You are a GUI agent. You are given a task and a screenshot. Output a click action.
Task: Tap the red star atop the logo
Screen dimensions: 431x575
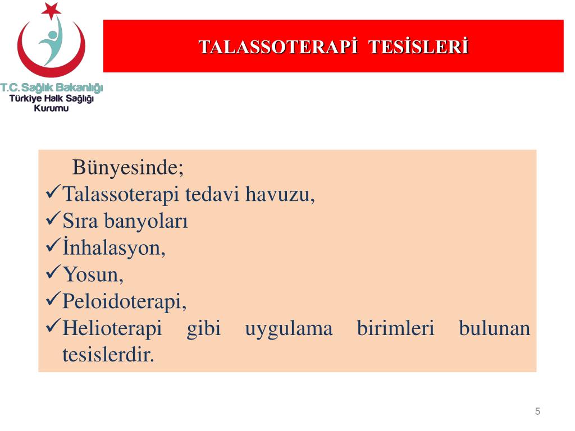51,10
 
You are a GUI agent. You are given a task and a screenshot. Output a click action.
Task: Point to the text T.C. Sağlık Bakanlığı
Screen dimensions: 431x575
52,88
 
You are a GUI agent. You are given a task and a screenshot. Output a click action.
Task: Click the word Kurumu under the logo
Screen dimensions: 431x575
51,108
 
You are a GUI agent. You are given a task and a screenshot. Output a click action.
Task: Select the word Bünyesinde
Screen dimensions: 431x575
128,167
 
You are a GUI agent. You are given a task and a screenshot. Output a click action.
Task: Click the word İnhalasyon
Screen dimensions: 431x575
114,247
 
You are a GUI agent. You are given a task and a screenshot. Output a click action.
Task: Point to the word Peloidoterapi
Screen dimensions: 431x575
124,301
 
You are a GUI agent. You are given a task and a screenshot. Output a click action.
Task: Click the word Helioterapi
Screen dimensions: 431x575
112,328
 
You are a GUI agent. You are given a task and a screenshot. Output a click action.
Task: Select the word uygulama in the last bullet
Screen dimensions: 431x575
289,328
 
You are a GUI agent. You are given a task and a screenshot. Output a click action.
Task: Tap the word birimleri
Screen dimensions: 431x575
395,328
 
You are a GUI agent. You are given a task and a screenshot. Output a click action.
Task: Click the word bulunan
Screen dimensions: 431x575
494,328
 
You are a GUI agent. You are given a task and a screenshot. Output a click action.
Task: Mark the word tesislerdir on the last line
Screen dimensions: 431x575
108,355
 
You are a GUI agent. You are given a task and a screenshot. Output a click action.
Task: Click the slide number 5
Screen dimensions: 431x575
537,411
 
